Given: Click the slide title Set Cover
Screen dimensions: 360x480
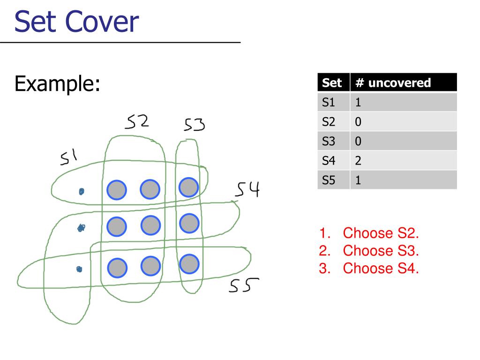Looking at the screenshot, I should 76,22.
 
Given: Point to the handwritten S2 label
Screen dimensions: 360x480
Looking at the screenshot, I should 137,122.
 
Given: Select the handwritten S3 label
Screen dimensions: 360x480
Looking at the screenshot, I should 194,125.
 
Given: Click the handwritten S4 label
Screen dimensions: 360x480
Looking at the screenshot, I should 247,190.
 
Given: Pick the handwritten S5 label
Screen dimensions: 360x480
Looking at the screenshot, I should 244,285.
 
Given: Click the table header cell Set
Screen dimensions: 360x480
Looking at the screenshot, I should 332,83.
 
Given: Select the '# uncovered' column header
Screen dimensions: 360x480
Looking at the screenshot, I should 393,83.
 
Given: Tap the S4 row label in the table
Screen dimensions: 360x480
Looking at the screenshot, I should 329,161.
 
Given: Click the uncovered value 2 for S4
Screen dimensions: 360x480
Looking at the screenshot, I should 358,161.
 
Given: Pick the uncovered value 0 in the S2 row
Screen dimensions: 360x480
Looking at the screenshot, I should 358,122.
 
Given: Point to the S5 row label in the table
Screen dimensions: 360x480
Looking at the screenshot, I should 329,180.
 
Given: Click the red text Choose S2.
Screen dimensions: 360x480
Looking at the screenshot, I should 381,233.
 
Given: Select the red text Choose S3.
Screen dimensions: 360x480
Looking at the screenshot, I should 381,251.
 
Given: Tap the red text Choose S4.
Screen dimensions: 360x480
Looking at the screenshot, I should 381,268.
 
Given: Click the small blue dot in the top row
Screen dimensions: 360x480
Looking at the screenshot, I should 82,191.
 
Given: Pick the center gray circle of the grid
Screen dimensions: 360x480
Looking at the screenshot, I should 150,226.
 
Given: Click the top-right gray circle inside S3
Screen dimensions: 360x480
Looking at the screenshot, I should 189,187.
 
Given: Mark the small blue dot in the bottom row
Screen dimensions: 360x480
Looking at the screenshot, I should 79,269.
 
